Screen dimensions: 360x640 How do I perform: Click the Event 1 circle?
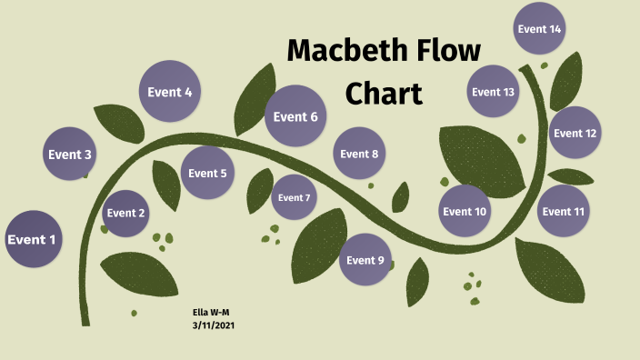(x=33, y=239)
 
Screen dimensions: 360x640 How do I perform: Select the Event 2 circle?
(x=126, y=214)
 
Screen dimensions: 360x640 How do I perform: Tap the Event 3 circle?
(x=70, y=155)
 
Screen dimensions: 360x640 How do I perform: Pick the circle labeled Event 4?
(x=170, y=92)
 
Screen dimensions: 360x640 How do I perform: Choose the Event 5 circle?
(x=207, y=174)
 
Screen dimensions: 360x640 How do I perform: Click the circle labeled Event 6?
(x=295, y=116)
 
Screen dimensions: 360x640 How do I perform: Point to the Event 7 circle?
(x=295, y=197)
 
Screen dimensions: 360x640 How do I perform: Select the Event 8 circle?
(x=359, y=154)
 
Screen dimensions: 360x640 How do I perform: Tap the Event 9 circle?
(x=366, y=260)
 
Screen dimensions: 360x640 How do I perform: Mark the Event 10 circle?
(x=465, y=212)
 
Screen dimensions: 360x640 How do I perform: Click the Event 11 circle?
(x=564, y=212)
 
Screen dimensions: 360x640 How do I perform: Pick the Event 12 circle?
(x=575, y=133)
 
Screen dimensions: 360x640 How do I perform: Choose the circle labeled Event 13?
(x=494, y=92)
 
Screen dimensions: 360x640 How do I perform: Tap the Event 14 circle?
(x=539, y=29)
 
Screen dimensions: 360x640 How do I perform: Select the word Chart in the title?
(x=385, y=93)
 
